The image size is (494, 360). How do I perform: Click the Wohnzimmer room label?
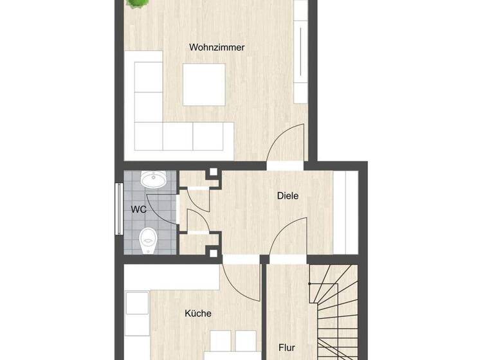[217, 47]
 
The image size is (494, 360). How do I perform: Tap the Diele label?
[288, 196]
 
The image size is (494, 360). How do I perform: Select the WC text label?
[139, 210]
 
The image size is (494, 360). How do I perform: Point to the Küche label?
[197, 314]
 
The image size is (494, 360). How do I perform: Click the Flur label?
[287, 348]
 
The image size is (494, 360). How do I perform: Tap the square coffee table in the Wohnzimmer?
[204, 84]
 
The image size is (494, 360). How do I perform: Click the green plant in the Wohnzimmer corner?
[136, 4]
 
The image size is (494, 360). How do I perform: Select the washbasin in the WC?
[152, 179]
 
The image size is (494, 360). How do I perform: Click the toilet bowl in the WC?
[148, 240]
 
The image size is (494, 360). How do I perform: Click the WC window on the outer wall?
[118, 209]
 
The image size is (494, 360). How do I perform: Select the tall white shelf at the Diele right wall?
[351, 213]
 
